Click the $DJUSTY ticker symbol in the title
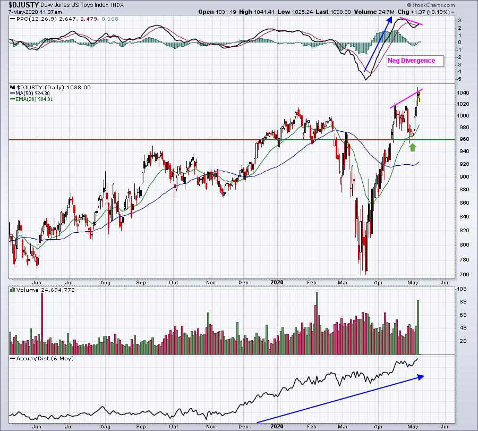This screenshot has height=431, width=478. (24, 5)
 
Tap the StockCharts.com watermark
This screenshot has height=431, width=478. (431, 5)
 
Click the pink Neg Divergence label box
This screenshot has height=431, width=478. (415, 61)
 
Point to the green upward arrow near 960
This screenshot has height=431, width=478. (413, 147)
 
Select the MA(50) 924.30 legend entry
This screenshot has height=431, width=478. (30, 94)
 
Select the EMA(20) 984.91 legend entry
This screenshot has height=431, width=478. (31, 99)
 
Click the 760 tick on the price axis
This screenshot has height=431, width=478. (464, 274)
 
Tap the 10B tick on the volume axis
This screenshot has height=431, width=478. (463, 289)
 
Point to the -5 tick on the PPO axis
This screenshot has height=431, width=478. (459, 79)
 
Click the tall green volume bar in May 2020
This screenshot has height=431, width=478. (418, 327)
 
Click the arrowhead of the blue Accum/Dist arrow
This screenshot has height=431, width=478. (421, 377)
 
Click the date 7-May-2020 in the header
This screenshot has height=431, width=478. (22, 12)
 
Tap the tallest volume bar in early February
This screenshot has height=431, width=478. (317, 323)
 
